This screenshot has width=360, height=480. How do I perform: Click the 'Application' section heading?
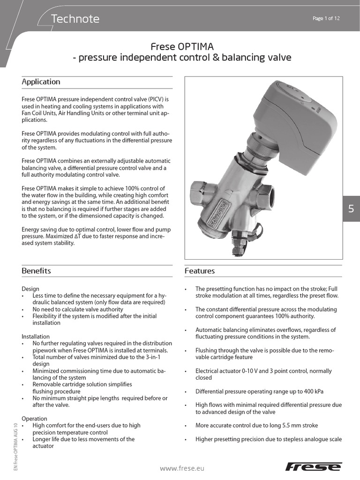click(x=41, y=82)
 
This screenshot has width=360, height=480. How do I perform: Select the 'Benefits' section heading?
click(x=36, y=271)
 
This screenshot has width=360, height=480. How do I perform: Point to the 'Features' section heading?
click(x=200, y=271)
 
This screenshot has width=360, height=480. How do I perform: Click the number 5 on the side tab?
click(x=351, y=209)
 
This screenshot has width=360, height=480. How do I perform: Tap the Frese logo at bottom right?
click(x=314, y=466)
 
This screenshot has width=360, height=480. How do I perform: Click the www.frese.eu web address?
click(x=182, y=468)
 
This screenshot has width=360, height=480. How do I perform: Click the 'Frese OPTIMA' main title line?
click(x=182, y=47)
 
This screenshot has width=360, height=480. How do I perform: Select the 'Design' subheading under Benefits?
click(x=30, y=289)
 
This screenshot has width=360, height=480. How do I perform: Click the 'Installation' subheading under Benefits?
click(x=36, y=337)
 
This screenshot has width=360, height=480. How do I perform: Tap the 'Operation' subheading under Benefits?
click(x=34, y=418)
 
